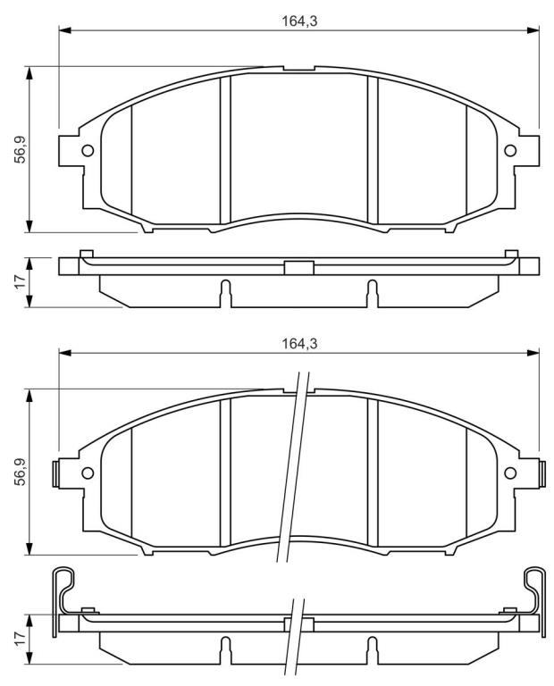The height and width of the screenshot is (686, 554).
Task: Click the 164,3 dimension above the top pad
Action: pyautogui.click(x=298, y=21)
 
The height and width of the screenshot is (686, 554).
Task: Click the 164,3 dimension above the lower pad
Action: pyautogui.click(x=298, y=344)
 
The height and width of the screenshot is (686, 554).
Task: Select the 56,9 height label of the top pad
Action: pyautogui.click(x=21, y=150)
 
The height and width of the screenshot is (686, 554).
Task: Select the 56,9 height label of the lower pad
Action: pyautogui.click(x=21, y=472)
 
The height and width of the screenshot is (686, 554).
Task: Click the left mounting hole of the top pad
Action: pyautogui.click(x=88, y=150)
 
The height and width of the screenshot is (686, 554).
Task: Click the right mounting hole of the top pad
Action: pyautogui.click(x=510, y=150)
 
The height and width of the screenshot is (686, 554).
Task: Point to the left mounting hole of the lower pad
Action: pyautogui.click(x=88, y=473)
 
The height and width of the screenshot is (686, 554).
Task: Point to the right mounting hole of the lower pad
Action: pyautogui.click(x=510, y=473)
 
